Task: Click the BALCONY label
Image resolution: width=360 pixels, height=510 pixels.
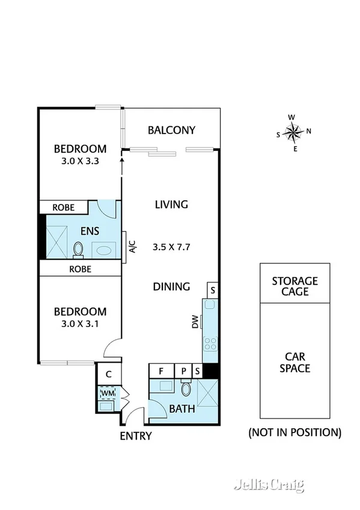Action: [171, 130]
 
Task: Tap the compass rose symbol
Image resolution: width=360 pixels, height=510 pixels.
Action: [293, 132]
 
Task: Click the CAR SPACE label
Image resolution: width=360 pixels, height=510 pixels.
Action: [294, 361]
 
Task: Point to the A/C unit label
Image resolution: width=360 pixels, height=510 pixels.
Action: [132, 247]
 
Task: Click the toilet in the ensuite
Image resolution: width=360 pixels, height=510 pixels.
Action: [78, 248]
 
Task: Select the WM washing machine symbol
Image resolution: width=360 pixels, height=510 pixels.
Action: [108, 393]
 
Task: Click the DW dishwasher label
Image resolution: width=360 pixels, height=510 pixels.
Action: [195, 324]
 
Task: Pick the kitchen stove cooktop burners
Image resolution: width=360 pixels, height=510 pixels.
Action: [210, 344]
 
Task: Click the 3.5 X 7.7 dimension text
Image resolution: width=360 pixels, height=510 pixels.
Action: [171, 247]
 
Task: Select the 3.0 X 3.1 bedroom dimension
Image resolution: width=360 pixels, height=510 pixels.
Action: [80, 324]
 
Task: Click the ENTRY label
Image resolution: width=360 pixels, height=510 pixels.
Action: [136, 436]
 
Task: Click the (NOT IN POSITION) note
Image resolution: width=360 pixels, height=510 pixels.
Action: [294, 432]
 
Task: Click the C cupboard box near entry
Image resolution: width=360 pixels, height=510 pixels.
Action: [108, 374]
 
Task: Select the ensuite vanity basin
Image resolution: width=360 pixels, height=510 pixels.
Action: [103, 248]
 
